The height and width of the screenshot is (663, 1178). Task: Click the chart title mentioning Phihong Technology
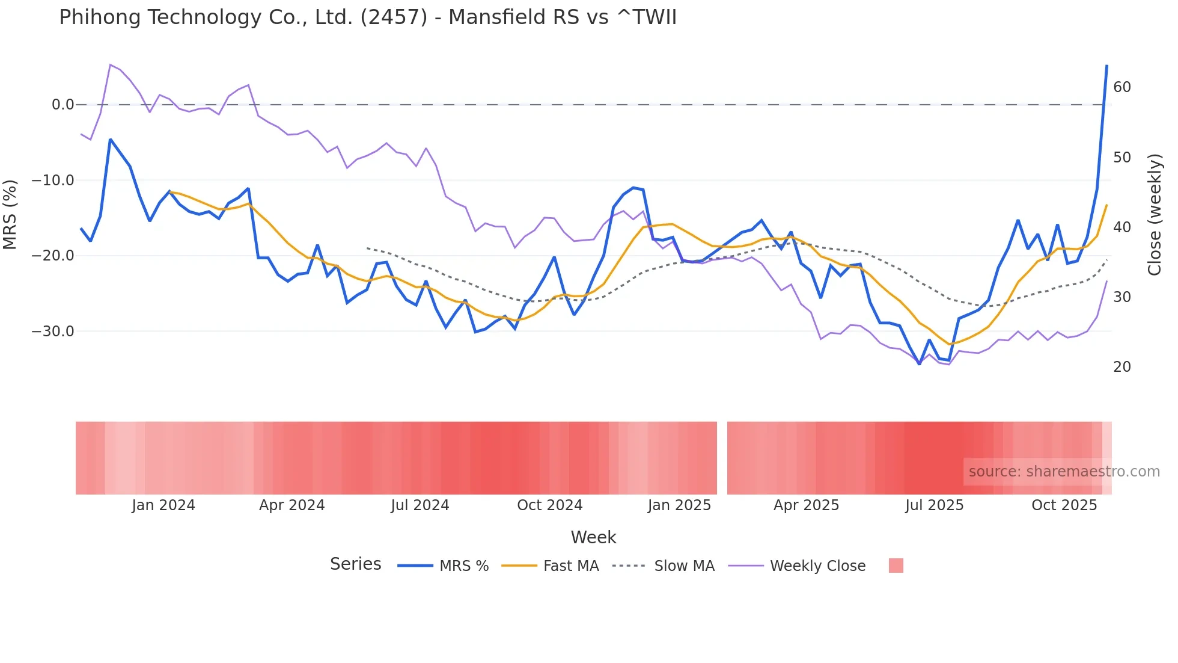[x=367, y=17]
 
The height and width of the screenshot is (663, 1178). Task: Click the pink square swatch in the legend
[x=896, y=566]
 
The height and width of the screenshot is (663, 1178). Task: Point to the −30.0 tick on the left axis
[x=53, y=331]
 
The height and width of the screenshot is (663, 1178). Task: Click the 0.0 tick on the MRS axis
[x=63, y=105]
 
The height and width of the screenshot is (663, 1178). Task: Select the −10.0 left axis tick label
[x=53, y=180]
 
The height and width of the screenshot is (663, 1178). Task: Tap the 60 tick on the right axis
[x=1122, y=87]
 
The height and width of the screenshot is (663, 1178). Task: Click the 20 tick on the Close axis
[x=1122, y=367]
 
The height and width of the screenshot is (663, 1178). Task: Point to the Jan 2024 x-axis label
[x=163, y=505]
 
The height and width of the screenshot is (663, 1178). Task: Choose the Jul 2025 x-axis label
[x=934, y=505]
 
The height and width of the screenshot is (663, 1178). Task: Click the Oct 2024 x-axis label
[x=549, y=505]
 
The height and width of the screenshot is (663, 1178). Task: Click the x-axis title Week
[x=593, y=537]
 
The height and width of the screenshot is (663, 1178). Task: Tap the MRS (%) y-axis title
[x=10, y=214]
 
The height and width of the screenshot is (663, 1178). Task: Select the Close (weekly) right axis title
[x=1154, y=215]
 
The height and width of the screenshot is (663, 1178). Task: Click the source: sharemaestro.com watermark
[x=1064, y=472]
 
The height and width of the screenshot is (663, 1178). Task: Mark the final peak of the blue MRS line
[x=1106, y=66]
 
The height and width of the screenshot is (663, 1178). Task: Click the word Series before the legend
[x=355, y=564]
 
